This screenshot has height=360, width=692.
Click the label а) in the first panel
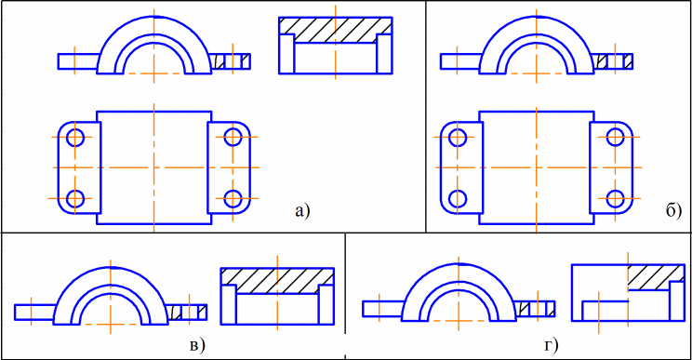[x=303, y=211]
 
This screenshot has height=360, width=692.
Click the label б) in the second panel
[x=673, y=212]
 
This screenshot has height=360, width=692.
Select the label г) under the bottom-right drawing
[x=552, y=345]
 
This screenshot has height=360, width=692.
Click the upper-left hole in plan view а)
[x=75, y=137]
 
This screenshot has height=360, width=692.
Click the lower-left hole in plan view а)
[x=75, y=198]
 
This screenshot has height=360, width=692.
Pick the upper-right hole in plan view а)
[x=233, y=137]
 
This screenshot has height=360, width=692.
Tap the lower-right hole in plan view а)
[x=233, y=198]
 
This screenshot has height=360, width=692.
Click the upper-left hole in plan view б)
[x=458, y=137]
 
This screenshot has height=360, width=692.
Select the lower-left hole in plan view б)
[x=458, y=198]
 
